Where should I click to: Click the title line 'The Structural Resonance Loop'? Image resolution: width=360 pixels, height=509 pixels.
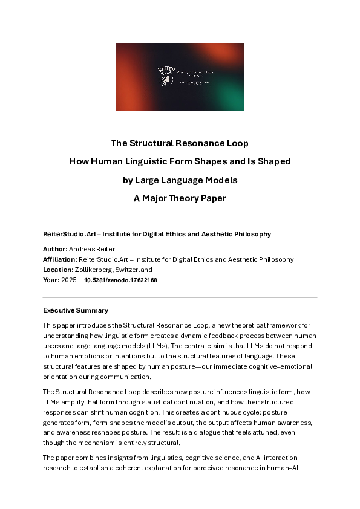pos(180,144)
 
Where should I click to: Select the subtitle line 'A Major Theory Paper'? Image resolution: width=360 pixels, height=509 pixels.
pos(180,198)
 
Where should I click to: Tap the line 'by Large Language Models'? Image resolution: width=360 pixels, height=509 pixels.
pos(180,180)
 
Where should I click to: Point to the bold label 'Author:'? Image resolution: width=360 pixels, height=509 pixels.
pos(55,249)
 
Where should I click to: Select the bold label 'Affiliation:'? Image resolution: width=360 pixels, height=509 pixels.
pos(60,259)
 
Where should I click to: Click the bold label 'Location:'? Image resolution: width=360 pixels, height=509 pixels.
pos(57,270)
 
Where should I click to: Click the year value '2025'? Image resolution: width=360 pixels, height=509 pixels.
pos(69,280)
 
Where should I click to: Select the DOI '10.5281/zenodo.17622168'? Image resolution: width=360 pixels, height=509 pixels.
pos(120,280)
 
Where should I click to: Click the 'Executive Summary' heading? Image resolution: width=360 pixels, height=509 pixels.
pos(76,310)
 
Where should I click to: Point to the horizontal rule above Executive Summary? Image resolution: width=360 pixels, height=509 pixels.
pos(180,297)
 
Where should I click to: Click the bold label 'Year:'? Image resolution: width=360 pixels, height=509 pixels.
pos(51,280)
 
